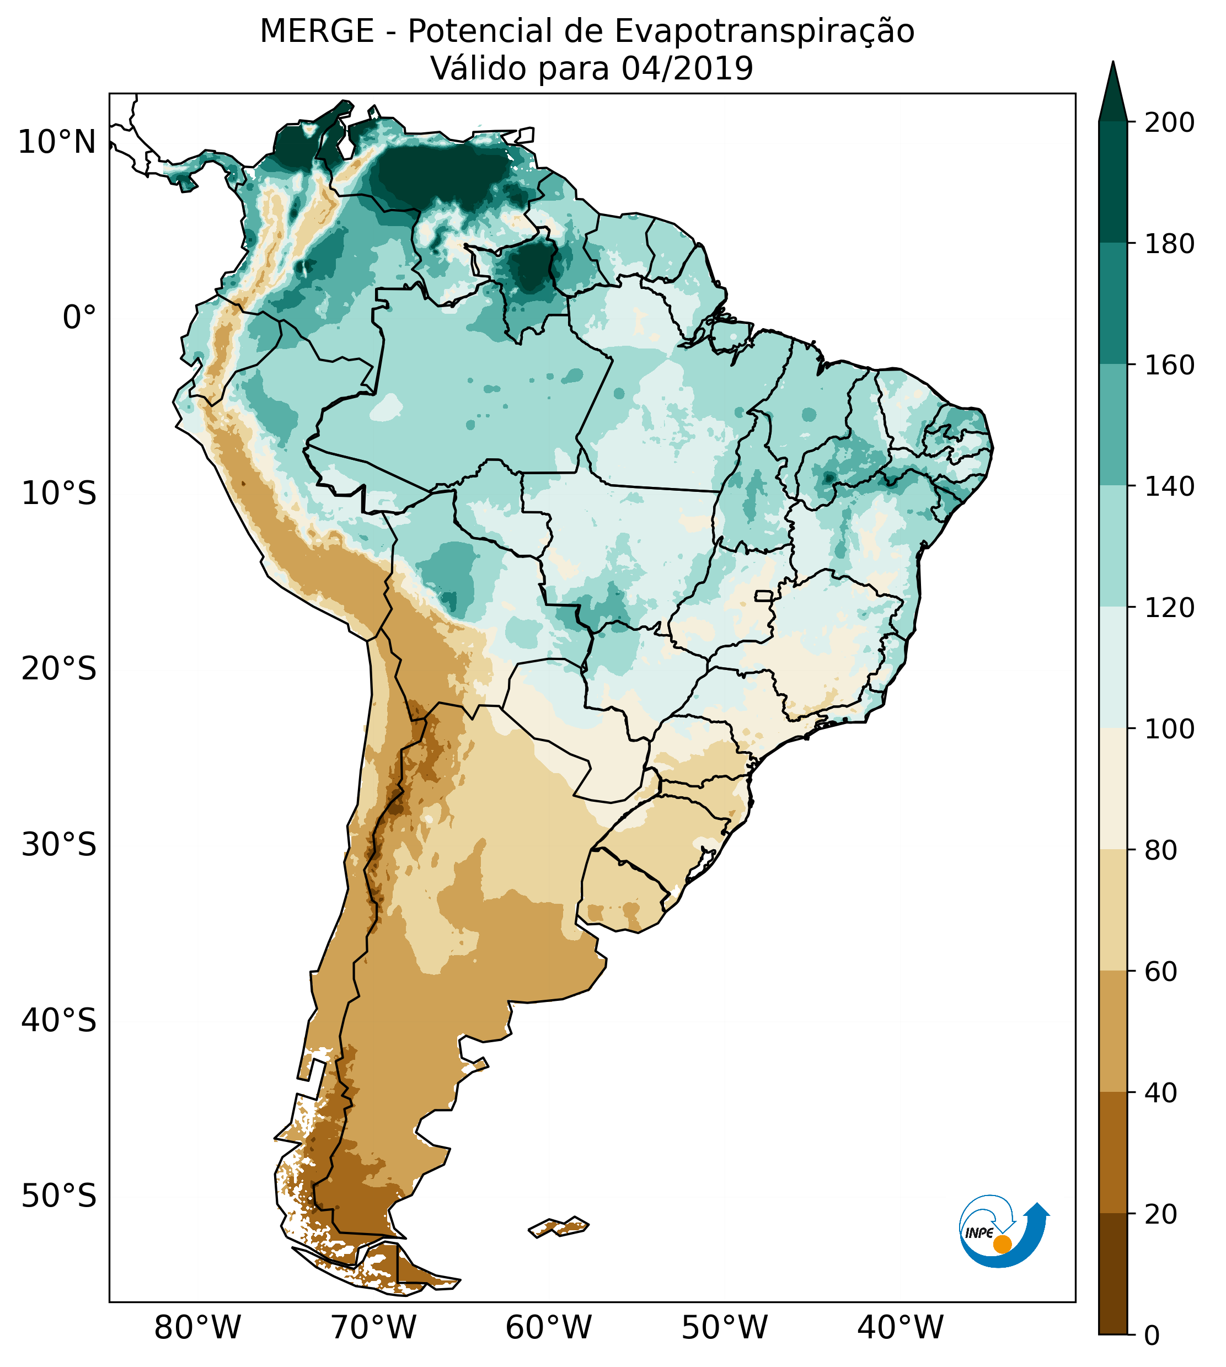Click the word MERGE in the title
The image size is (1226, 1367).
click(317, 31)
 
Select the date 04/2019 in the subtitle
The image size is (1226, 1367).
click(687, 69)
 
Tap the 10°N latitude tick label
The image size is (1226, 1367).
click(57, 143)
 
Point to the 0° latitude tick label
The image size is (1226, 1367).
click(79, 318)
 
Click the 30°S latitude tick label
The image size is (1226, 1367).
click(59, 845)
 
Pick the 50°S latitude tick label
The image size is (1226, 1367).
click(59, 1197)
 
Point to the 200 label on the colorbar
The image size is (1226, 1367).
click(1169, 123)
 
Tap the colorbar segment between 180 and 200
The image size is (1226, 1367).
click(1113, 182)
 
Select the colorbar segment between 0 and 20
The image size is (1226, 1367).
click(1113, 1274)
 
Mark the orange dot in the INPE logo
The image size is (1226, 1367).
click(1002, 1244)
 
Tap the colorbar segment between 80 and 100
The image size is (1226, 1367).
click(1113, 789)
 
